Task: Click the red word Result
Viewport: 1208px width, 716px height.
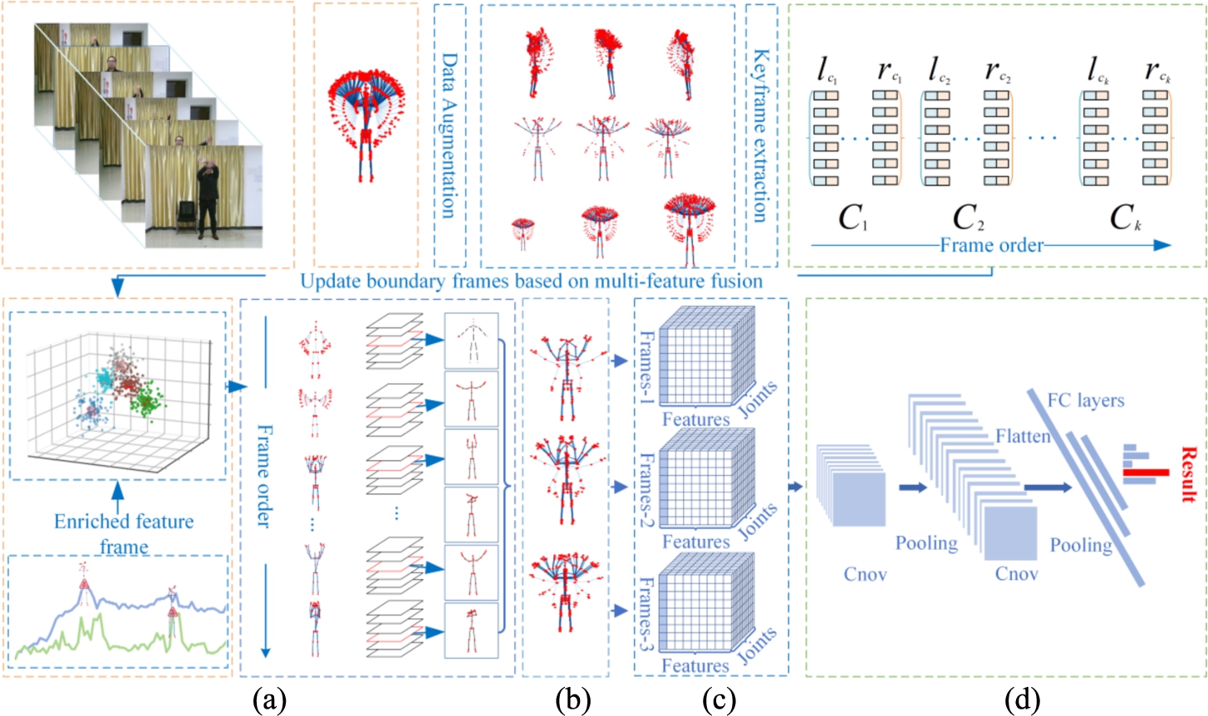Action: [1188, 474]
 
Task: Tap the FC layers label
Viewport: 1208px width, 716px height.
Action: [1086, 400]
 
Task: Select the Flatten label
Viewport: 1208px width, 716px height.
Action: [1023, 435]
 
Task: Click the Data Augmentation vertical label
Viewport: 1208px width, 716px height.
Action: [449, 135]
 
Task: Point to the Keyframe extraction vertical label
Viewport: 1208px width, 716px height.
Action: [760, 135]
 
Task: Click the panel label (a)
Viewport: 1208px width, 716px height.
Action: [270, 700]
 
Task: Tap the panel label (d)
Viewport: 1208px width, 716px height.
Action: [1023, 700]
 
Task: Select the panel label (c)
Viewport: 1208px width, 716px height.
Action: [719, 700]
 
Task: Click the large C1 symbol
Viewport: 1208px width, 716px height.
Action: [853, 218]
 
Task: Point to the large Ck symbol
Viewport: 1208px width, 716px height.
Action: [1126, 218]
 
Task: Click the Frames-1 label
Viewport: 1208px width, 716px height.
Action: [646, 368]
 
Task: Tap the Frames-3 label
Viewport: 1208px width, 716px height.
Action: [646, 614]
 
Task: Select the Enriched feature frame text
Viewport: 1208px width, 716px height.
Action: [124, 534]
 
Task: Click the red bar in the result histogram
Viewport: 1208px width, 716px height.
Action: [1146, 473]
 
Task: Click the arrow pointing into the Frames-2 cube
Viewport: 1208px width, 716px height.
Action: [621, 487]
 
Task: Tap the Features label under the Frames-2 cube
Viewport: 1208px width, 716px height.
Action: [695, 542]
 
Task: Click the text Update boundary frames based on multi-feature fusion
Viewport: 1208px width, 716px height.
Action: [531, 281]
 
